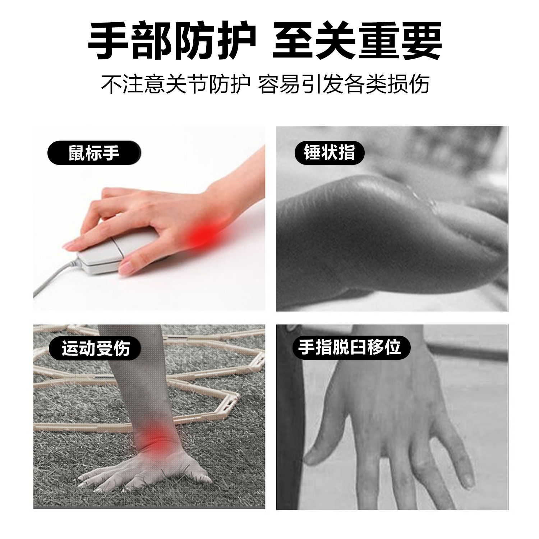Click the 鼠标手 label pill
pyautogui.click(x=94, y=153)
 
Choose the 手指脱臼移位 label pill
pyautogui.click(x=351, y=347)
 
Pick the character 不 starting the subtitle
pyautogui.click(x=111, y=84)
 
